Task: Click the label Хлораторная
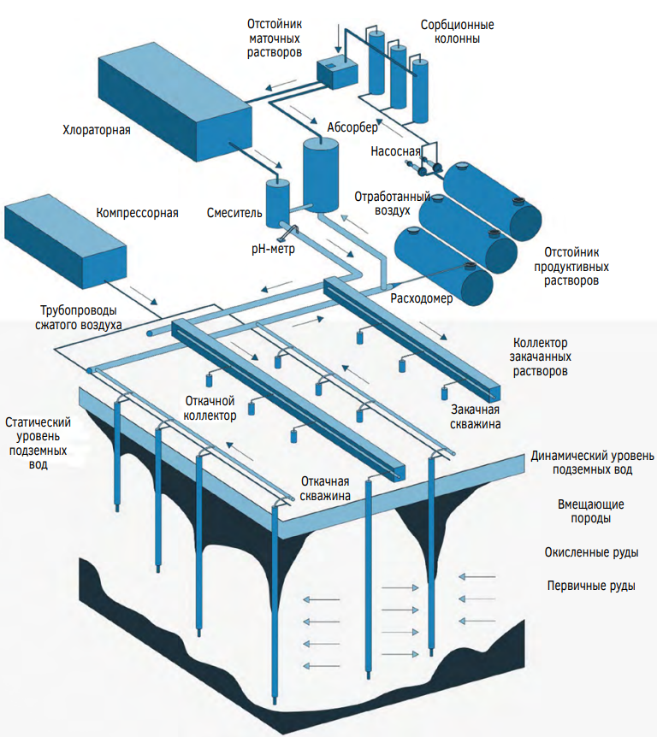pyautogui.click(x=96, y=131)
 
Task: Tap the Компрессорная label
pyautogui.click(x=137, y=213)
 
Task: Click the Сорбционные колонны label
pyautogui.click(x=457, y=32)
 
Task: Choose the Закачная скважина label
pyautogui.click(x=476, y=416)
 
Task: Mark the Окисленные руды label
pyautogui.click(x=591, y=552)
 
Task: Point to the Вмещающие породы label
pyautogui.click(x=591, y=510)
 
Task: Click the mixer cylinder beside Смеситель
pyautogui.click(x=276, y=203)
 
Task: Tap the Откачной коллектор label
pyautogui.click(x=210, y=408)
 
